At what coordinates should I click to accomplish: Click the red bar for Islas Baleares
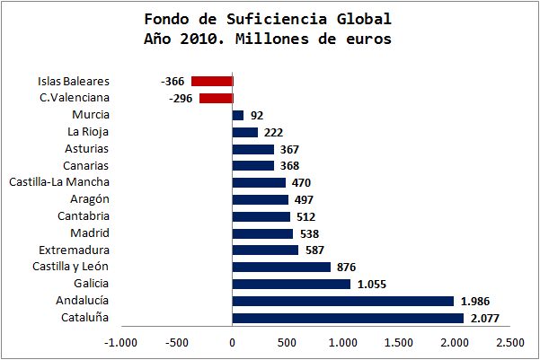click(212, 81)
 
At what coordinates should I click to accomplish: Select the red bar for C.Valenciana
click(216, 98)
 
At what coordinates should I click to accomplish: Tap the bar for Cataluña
click(348, 318)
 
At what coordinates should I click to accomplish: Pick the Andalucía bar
click(342, 301)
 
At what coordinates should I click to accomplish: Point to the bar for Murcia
click(238, 115)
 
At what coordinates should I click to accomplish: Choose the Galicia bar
click(291, 284)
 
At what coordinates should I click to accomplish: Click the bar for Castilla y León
click(281, 267)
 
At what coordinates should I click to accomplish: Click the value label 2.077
click(485, 318)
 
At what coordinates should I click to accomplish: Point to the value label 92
click(256, 115)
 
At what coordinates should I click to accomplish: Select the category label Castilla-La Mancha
click(60, 182)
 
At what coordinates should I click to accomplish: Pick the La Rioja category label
click(88, 131)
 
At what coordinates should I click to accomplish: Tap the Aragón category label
click(89, 199)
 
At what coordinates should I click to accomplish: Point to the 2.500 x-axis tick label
click(510, 342)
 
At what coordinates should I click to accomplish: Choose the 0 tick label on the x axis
click(232, 342)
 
